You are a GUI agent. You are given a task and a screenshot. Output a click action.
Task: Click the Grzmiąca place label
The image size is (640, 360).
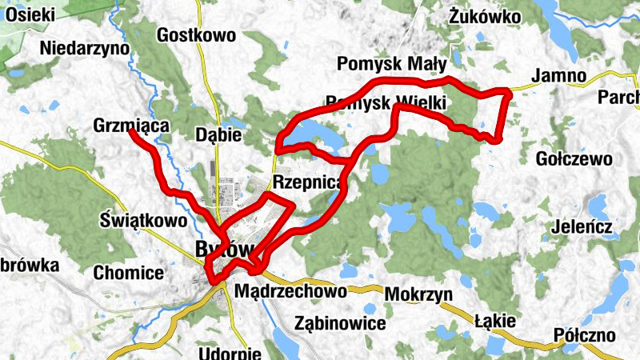click(130, 126)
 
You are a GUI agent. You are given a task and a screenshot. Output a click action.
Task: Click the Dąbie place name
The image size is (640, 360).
click(218, 135)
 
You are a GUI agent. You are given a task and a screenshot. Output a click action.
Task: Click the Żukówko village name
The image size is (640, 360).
click(485, 16)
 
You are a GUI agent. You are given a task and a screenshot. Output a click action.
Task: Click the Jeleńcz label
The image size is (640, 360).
click(582, 227)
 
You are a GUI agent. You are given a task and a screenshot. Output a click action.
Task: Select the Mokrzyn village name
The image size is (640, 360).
click(418, 294)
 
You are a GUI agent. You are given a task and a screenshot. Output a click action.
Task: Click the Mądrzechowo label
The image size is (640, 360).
click(290, 292)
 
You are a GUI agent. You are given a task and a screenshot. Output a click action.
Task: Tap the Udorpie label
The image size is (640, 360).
click(230, 353)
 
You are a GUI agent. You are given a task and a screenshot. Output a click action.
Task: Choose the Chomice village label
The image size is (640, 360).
click(129, 273)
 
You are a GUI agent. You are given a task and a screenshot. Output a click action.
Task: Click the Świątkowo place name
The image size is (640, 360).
click(145, 219)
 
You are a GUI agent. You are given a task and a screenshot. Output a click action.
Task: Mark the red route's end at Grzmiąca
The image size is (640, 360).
click(131, 132)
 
